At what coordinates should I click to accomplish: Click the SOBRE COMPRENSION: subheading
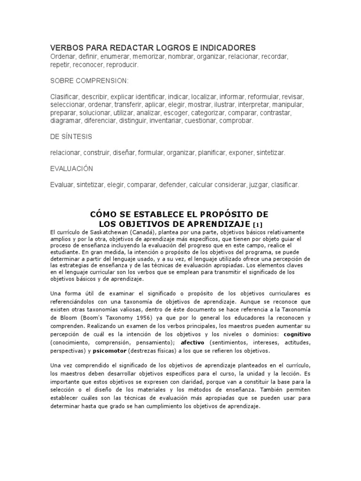89,81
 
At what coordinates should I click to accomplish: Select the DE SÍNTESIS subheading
71,137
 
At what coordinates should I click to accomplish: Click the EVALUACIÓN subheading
72,169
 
